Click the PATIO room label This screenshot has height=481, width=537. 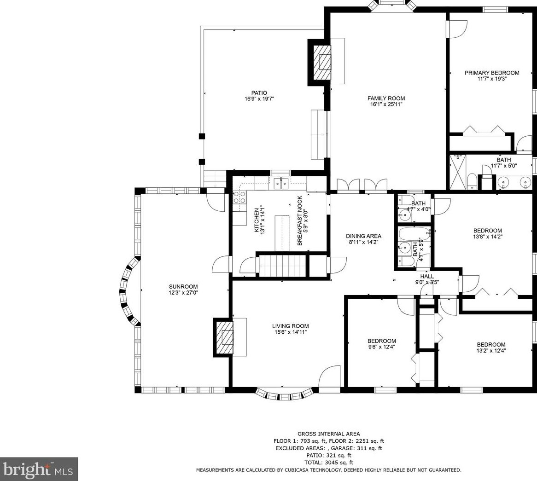(259, 93)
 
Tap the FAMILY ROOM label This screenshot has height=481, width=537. (386, 98)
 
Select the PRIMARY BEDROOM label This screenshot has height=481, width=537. (492, 73)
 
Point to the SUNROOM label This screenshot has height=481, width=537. (183, 287)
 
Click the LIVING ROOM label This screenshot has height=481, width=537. (291, 326)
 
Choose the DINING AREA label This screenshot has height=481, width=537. (363, 236)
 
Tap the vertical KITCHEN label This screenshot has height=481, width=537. (257, 220)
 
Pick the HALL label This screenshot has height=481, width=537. (427, 276)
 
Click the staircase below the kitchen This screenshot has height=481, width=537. (282, 265)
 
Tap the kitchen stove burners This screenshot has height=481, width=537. (239, 198)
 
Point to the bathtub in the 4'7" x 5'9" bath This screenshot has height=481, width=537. (414, 234)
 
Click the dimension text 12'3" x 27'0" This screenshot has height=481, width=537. (183, 293)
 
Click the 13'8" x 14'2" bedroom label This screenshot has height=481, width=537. (487, 233)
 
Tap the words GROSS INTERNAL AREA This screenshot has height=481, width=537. (329, 434)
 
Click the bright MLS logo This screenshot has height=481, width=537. (39, 469)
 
